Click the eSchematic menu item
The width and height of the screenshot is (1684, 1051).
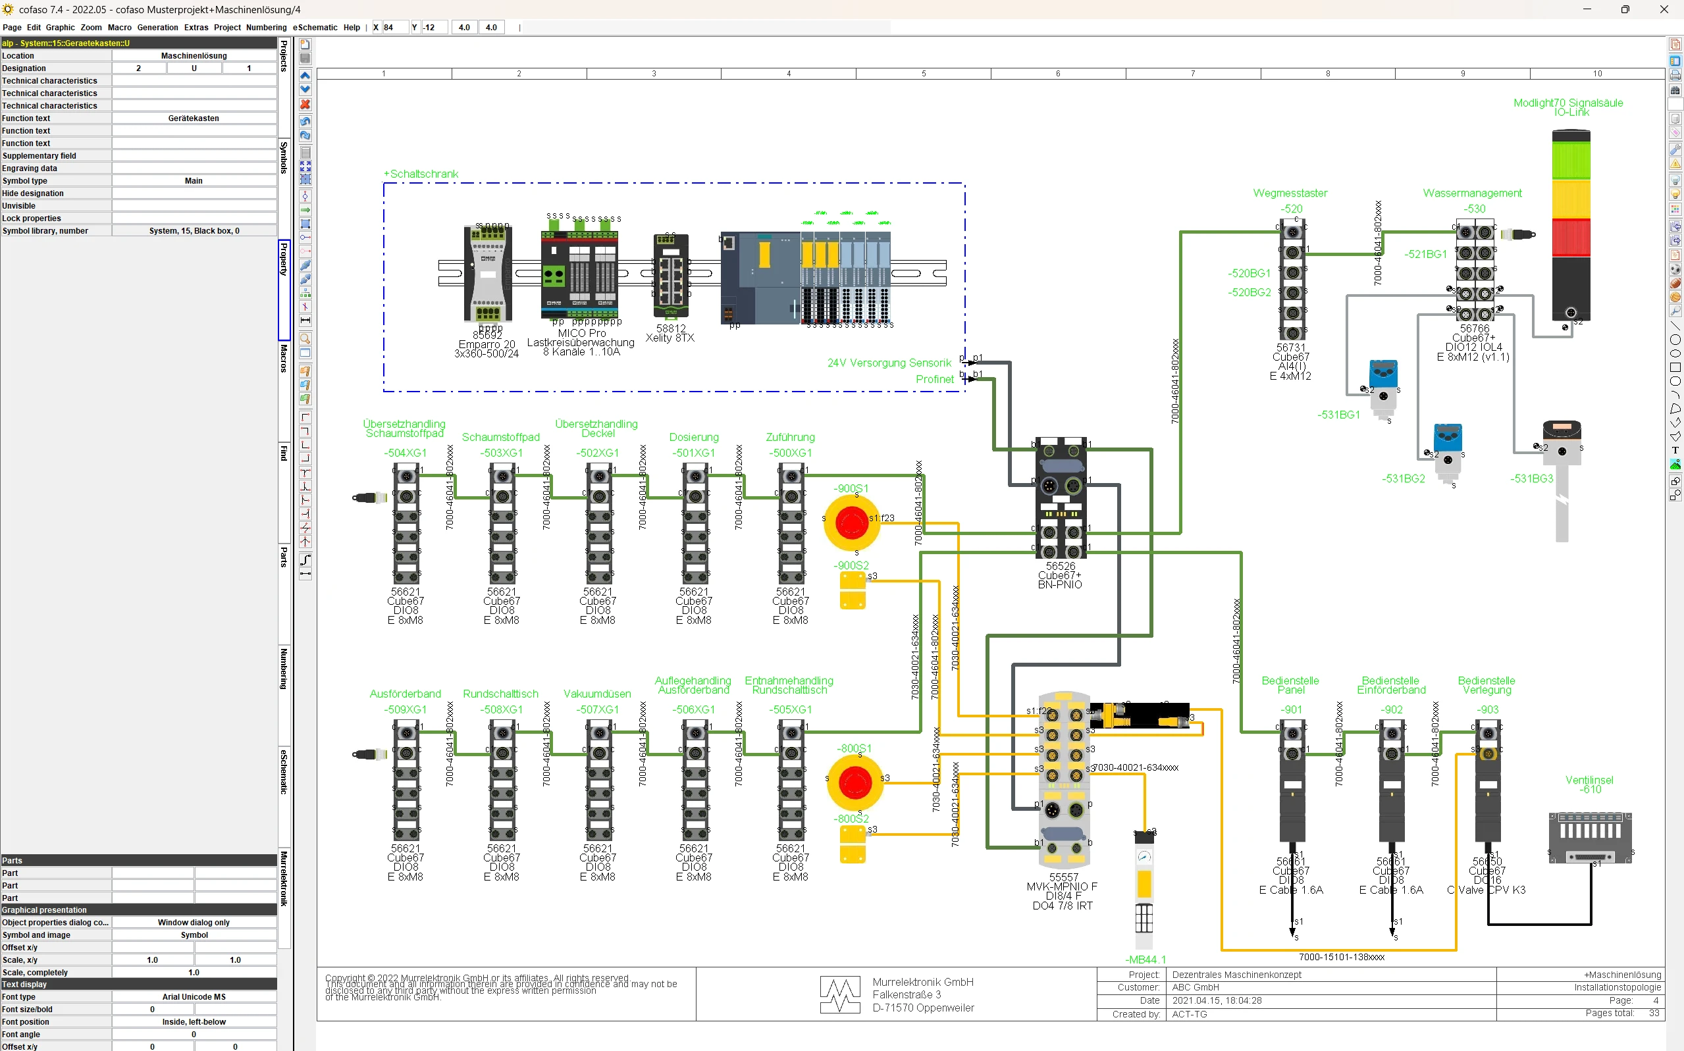point(314,28)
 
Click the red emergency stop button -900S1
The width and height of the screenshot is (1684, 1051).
point(851,523)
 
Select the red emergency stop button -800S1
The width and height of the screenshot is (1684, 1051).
point(855,782)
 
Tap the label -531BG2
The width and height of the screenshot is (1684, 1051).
point(1402,479)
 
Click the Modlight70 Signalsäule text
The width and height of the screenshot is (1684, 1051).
point(1568,103)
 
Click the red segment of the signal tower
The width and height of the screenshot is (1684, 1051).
point(1571,238)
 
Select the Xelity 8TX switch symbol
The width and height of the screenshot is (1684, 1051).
point(670,276)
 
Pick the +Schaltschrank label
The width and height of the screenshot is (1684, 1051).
point(421,174)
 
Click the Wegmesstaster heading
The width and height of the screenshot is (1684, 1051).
point(1290,193)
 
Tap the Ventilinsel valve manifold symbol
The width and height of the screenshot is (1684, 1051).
point(1589,837)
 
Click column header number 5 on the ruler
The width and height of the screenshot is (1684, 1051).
point(924,74)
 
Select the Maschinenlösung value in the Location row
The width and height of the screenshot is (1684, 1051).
point(194,55)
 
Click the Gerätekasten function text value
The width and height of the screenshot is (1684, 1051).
point(194,118)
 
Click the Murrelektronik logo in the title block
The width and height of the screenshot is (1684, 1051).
point(840,994)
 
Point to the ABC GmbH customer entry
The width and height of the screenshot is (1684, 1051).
point(1196,987)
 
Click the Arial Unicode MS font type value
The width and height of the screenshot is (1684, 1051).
point(194,997)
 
